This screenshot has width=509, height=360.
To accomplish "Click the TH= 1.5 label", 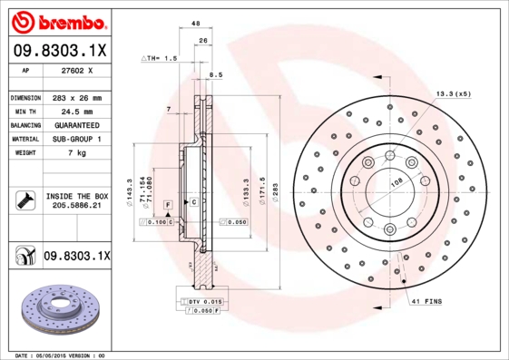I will tap(161, 57).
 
